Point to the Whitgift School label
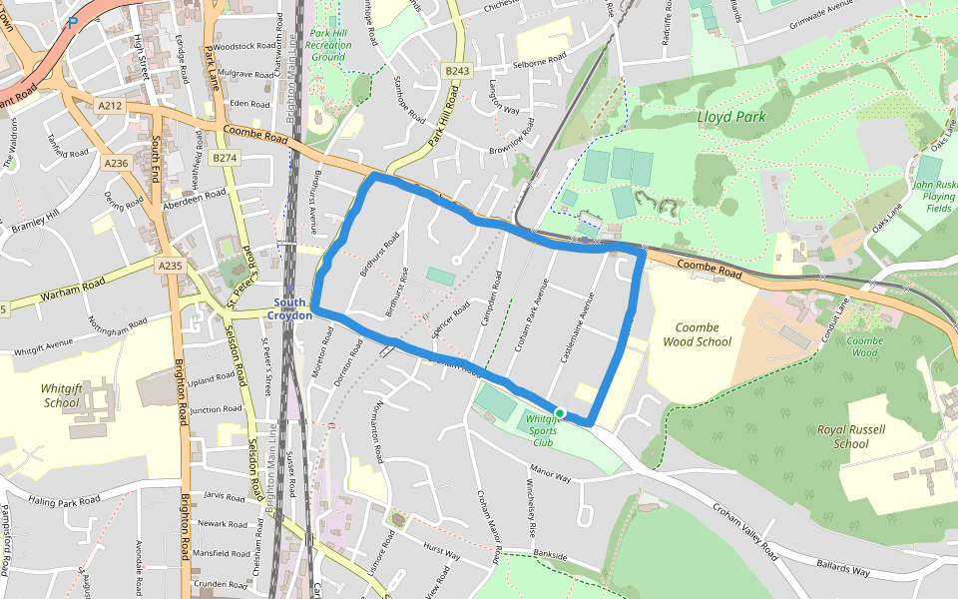coord(62,395)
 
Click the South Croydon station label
coord(290,308)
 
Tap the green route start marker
coord(560,413)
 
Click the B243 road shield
coord(458,70)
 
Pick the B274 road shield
coord(225,158)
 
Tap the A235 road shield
coord(170,266)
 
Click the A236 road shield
coord(117,163)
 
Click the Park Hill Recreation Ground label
coord(328,45)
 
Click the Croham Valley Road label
coord(745,530)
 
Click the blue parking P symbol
coord(72,22)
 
